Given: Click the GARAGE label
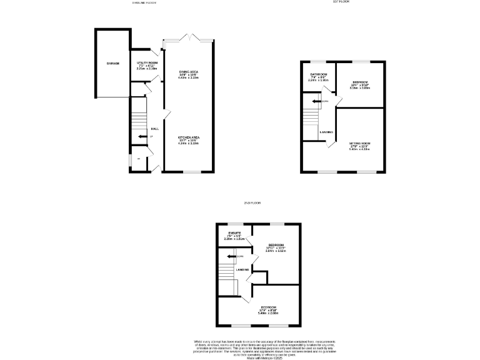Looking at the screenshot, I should point(112,64).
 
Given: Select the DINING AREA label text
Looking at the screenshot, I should point(188,72).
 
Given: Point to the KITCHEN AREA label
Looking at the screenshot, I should point(188,137).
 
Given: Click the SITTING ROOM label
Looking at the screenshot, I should point(359,144).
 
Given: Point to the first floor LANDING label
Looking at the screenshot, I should point(326,132).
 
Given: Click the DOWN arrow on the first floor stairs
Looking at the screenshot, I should point(319,101).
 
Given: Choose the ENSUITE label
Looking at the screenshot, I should point(234,234).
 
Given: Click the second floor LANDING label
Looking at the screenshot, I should point(242,269).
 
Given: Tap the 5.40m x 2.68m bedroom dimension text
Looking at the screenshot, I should point(268,314).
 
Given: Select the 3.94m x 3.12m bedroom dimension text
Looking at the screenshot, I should point(276,251).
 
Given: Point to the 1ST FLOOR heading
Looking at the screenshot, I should point(341,2).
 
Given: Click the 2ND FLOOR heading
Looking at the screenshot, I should point(252,203).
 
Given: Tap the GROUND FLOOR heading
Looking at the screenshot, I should point(144,2).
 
